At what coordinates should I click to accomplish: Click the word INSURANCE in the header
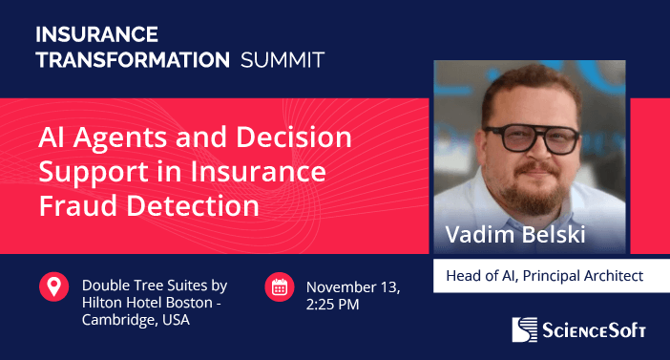coord(96,35)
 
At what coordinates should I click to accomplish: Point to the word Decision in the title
coord(298,138)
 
